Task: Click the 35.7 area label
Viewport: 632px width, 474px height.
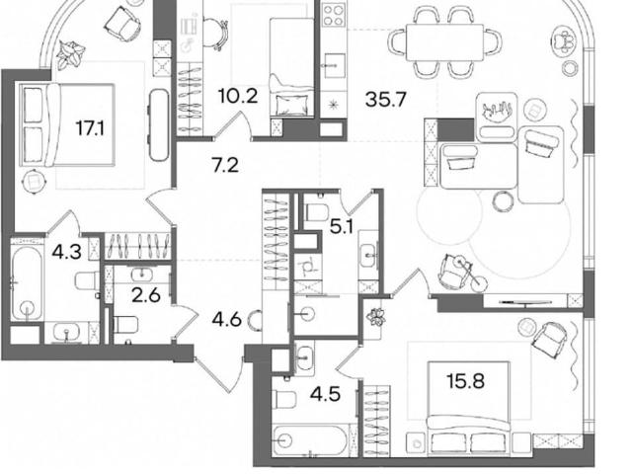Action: (x=385, y=99)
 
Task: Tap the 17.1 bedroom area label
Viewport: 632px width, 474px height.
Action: (x=90, y=129)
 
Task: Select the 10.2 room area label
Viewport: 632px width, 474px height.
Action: (x=238, y=97)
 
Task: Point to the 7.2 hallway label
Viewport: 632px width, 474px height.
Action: (x=225, y=165)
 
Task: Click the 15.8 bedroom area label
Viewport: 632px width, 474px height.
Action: (x=465, y=381)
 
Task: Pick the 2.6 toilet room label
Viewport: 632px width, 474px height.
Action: (x=146, y=296)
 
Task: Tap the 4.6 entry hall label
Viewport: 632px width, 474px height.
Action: (x=227, y=320)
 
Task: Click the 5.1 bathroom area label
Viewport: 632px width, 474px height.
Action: (x=342, y=228)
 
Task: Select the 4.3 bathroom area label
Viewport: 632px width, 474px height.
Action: (x=66, y=253)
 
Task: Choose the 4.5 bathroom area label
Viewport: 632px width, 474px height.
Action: (x=325, y=394)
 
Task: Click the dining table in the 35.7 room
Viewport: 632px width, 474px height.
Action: (x=444, y=41)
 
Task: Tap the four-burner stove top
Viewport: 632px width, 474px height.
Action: (x=334, y=16)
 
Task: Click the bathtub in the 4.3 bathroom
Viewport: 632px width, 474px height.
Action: (x=27, y=284)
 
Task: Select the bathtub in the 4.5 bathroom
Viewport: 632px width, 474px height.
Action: (x=310, y=440)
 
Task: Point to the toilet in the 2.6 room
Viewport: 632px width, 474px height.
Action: (x=125, y=325)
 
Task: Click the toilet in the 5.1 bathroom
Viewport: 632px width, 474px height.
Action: (x=317, y=212)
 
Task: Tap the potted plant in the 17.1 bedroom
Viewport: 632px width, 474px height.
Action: (x=70, y=53)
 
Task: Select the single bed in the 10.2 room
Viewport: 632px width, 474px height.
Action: (x=291, y=67)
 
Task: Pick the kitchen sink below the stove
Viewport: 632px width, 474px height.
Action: (x=334, y=66)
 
